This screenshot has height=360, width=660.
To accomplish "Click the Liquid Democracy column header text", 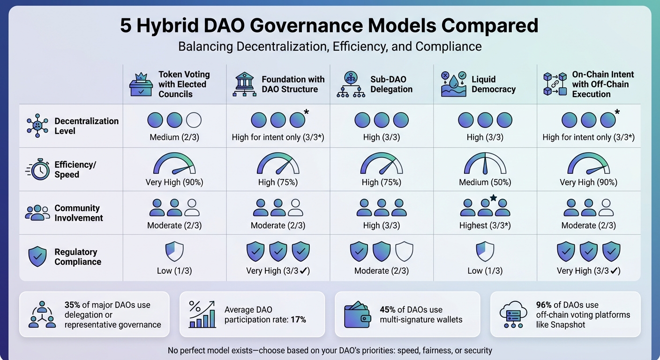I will point(493,84).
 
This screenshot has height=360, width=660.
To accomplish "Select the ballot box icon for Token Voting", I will point(141,84).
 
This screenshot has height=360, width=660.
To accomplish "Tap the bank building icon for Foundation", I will point(244,84).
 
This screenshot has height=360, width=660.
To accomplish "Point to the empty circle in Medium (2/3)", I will point(194,120).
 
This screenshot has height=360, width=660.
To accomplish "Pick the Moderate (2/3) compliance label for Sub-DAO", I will point(381,270).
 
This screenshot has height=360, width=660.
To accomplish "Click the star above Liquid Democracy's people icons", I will point(493,198).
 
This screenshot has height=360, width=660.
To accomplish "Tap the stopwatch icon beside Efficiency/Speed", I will point(37,169).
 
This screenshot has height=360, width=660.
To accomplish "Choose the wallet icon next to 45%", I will point(358,315).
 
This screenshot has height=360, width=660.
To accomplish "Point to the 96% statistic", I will point(544,305).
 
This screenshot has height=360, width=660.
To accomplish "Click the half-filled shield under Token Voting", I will point(174,252).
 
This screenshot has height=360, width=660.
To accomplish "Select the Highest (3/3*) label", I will point(485,225).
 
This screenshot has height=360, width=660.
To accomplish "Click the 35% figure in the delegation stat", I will point(72,305).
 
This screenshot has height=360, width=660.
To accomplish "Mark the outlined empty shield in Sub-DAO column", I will point(404,252).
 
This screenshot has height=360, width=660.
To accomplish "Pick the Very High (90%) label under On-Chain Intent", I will point(588,182).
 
